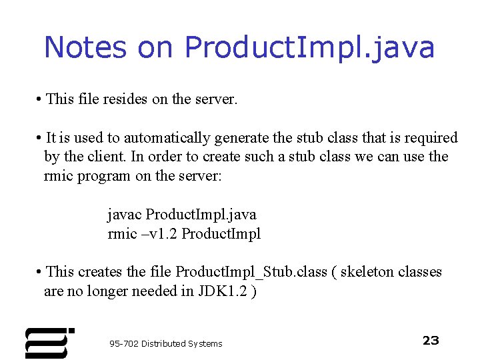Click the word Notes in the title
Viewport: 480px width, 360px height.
pos(85,47)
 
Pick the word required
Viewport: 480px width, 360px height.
pos(431,138)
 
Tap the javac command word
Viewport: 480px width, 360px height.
pos(125,215)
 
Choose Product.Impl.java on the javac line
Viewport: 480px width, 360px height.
pos(201,215)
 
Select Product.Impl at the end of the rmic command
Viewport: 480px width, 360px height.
pos(221,234)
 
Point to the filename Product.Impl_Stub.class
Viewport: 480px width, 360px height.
pos(251,272)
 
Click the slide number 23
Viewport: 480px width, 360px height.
pos(431,341)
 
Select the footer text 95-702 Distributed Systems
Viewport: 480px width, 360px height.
pos(166,344)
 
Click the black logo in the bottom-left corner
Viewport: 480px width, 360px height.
pos(47,343)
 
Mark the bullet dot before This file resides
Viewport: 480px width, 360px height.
pos(41,100)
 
